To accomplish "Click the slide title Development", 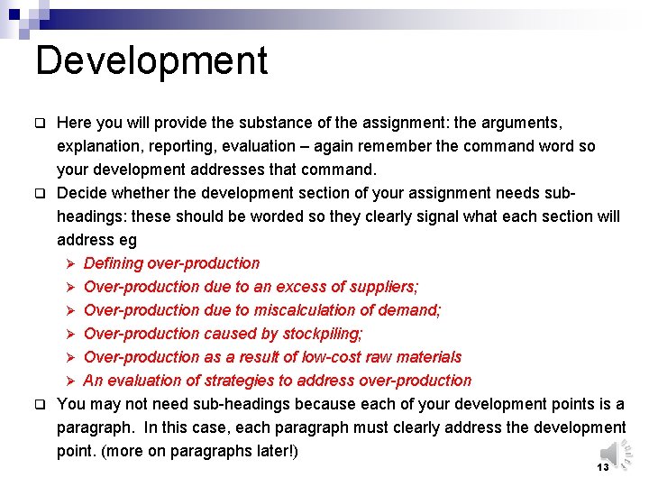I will click(151, 61).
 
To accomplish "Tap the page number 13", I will click(603, 467).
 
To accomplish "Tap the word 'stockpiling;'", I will click(323, 334).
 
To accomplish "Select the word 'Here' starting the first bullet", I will click(74, 123).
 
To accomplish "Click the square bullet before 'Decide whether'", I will click(40, 193).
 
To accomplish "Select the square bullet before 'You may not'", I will click(40, 404).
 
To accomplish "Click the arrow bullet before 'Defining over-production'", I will click(71, 263).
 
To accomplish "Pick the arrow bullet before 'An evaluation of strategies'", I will click(71, 381).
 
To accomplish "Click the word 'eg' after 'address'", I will click(126, 240).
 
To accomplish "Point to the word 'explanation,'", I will click(100, 146).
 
